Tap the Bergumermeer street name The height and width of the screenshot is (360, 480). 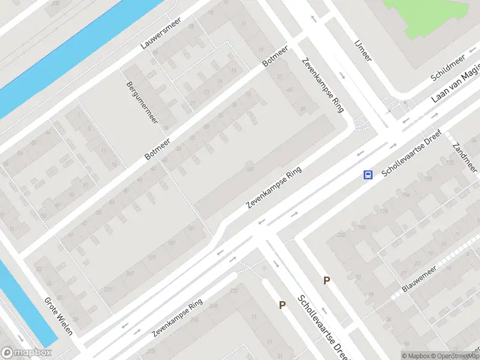pos(142,102)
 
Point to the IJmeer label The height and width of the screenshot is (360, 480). pos(363,51)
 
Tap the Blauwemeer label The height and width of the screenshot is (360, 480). pos(419,280)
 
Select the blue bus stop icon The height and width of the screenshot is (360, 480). pos(367,175)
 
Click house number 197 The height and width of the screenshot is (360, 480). pos(152,257)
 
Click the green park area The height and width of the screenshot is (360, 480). pos(432,15)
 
